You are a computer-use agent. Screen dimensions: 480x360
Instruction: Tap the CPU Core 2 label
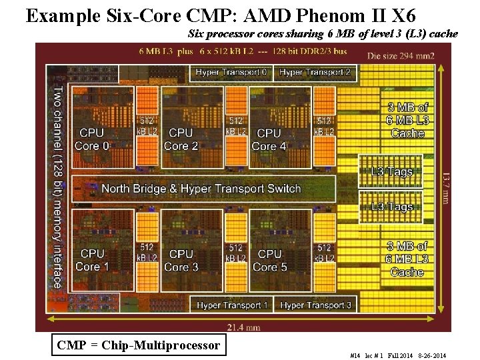[181, 139]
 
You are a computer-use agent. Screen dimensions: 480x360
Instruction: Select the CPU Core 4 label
[269, 139]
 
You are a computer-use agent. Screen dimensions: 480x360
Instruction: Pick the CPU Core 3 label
[181, 260]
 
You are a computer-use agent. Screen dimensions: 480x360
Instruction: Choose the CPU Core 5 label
[269, 260]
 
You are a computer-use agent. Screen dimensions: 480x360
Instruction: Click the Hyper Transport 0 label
[232, 72]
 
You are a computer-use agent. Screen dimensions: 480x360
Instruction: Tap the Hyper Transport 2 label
[315, 72]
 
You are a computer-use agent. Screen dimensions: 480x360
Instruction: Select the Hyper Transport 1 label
[233, 305]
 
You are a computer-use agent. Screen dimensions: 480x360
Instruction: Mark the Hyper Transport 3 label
[315, 305]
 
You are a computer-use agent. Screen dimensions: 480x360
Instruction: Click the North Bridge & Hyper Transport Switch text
[201, 189]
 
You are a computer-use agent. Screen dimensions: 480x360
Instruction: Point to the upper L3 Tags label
[392, 172]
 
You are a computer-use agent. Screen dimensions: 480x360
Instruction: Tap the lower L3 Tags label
[392, 207]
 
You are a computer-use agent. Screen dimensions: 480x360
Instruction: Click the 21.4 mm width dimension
[243, 327]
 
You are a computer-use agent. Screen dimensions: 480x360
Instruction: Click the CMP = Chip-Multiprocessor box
[139, 345]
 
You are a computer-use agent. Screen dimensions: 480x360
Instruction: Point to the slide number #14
[355, 356]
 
